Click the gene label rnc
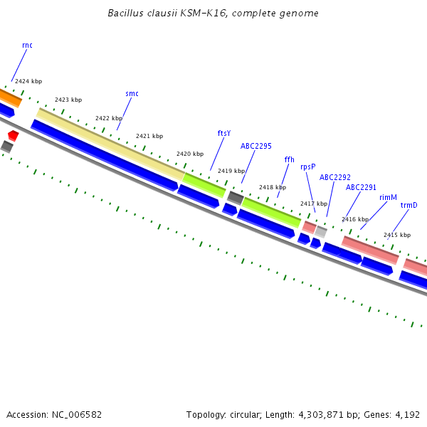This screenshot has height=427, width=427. pos(27,46)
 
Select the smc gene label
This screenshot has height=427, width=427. pos(132,93)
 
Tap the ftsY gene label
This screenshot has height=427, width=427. pos(223,133)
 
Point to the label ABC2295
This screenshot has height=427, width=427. pos(256,146)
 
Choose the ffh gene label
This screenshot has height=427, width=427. pos(289,159)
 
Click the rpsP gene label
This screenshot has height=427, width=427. pos(307,167)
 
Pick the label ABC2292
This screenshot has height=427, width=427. pos(334,177)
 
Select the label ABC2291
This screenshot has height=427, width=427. pos(361,187)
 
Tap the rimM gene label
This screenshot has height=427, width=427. pos(388,197)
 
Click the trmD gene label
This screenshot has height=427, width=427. pos(408,206)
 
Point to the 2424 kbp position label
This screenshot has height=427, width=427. pos(28,82)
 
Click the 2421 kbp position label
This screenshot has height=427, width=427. pos(149,136)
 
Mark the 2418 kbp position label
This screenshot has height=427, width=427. pos(273,187)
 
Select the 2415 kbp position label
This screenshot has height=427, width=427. pos(397,235)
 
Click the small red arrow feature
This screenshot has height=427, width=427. pos(13,135)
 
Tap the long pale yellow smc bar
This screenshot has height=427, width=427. pos(110,142)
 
